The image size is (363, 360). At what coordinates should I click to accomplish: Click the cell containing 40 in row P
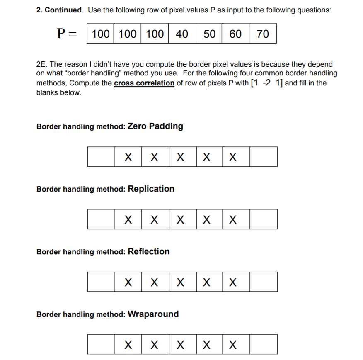point(181,34)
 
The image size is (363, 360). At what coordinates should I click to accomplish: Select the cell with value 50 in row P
point(209,34)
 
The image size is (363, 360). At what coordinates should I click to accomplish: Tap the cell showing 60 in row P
point(235,34)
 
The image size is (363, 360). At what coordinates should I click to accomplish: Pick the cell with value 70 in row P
point(263,34)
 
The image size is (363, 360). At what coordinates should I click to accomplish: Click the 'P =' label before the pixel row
point(67,34)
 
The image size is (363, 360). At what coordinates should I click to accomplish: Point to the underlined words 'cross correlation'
point(144,83)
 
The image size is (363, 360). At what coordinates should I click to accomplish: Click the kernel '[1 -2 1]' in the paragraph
point(267,83)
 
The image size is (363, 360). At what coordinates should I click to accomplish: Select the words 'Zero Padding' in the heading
point(155,126)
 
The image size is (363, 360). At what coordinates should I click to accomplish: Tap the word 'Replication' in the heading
point(151,189)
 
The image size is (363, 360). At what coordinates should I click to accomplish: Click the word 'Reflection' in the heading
point(148,251)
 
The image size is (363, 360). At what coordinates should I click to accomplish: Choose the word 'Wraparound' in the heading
point(153,314)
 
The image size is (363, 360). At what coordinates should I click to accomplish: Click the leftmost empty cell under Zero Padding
point(101,157)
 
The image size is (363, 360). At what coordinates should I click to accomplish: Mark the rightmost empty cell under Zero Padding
point(263,157)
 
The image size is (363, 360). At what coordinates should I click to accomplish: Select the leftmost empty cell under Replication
point(101,219)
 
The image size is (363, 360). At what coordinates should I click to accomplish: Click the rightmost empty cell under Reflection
point(263,282)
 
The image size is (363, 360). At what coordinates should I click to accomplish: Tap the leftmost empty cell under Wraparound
point(101,345)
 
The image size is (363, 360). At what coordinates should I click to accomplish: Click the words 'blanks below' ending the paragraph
point(58,92)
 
